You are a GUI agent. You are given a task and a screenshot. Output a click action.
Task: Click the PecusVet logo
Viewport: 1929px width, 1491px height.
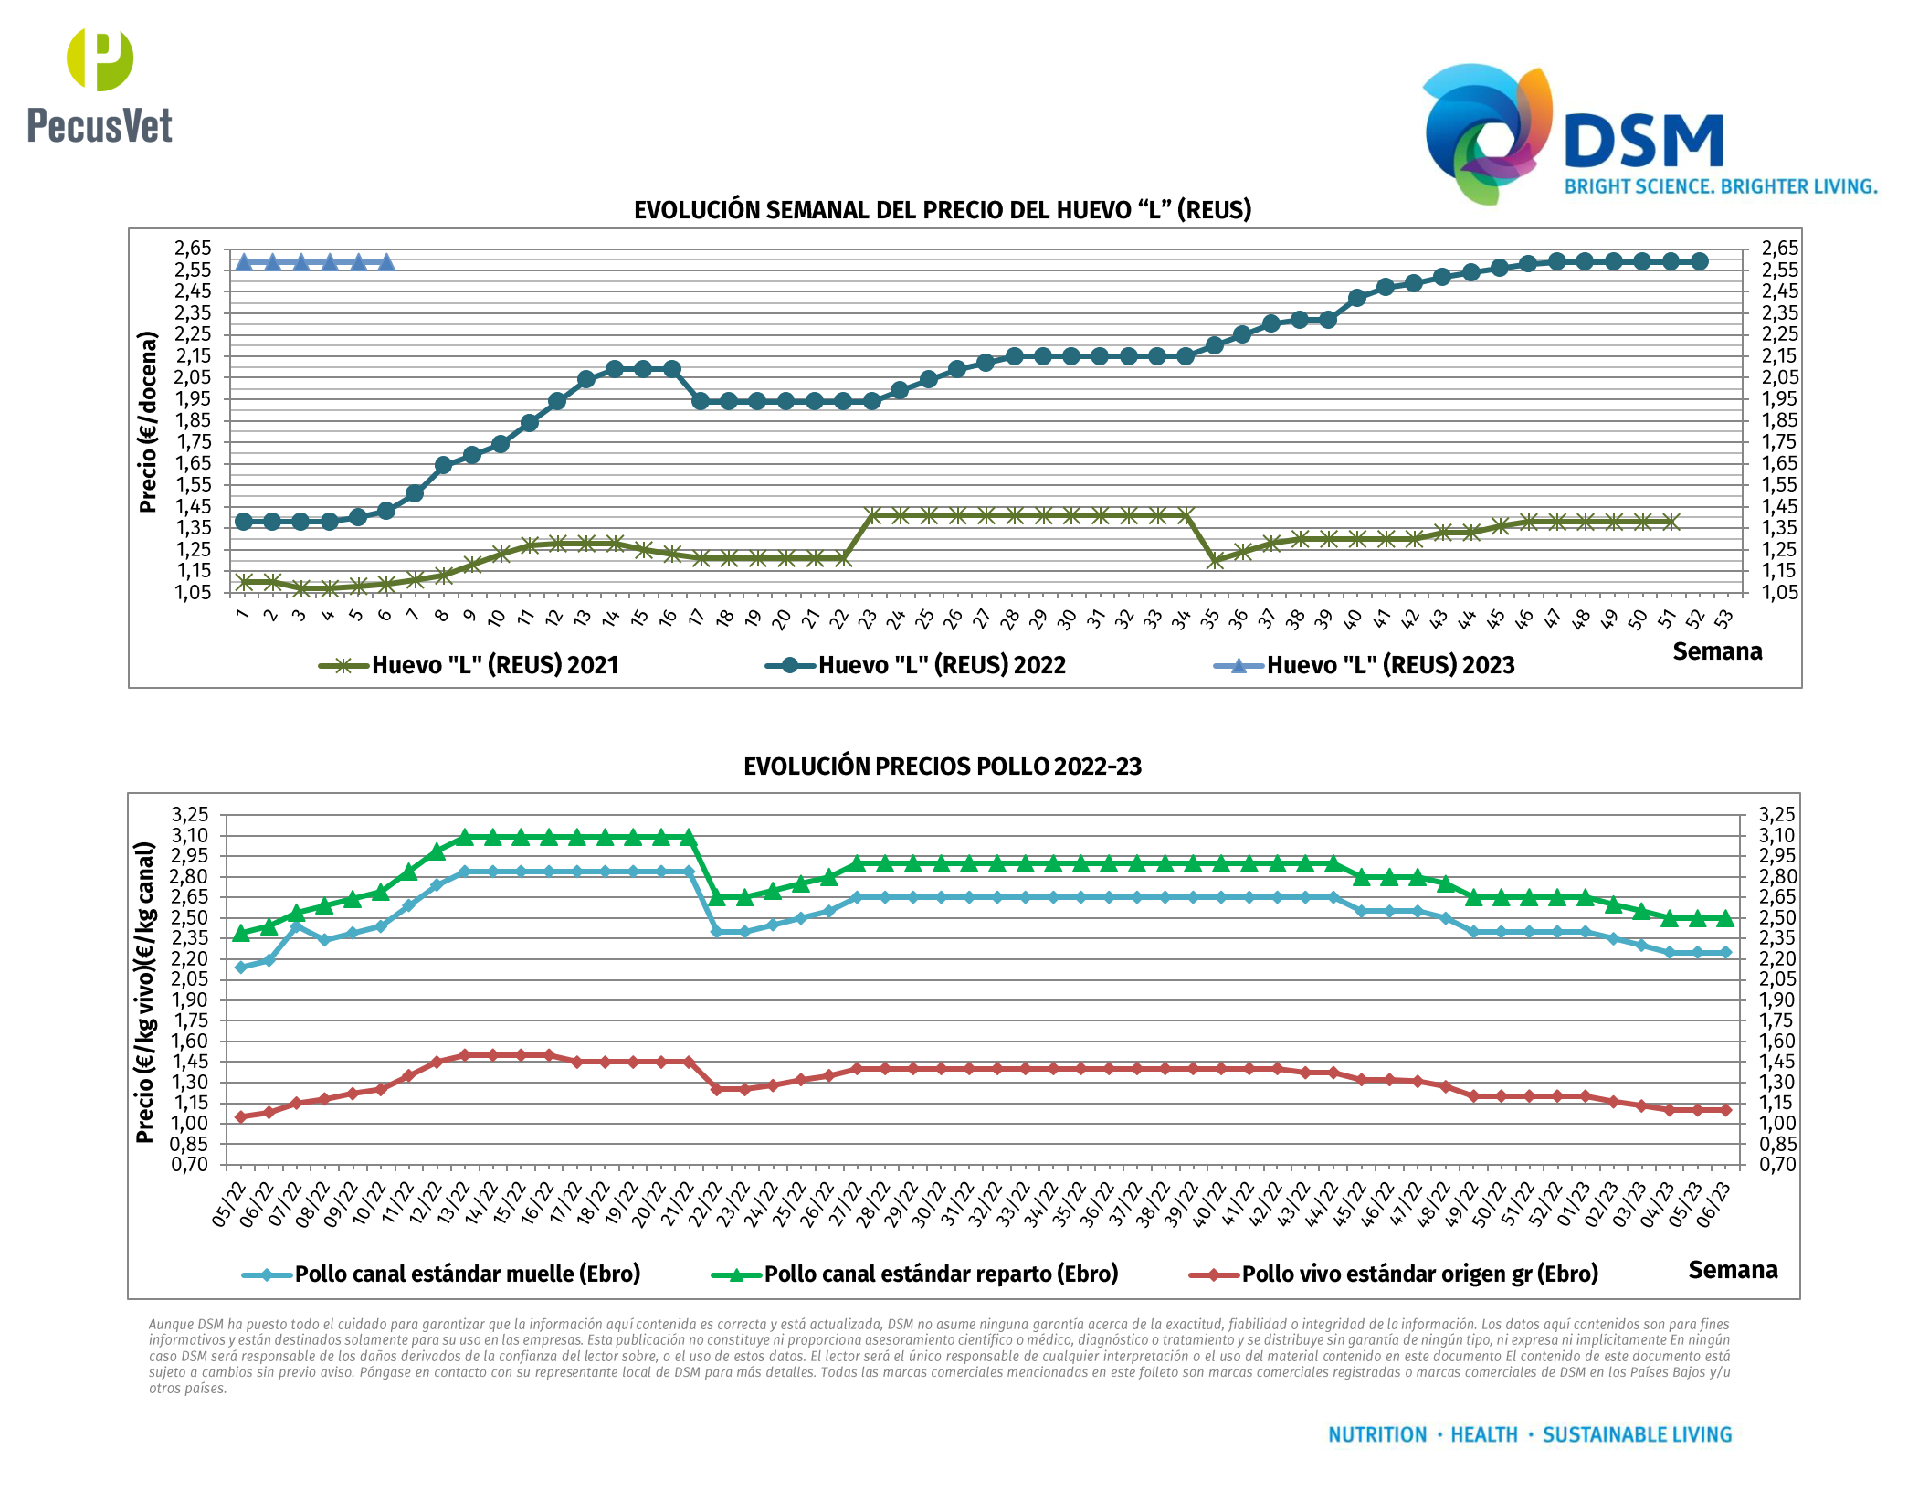coord(100,87)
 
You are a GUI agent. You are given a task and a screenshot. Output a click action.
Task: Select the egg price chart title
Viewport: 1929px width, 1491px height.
coord(942,210)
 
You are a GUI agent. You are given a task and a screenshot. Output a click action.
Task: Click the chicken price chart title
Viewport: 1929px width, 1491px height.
coord(942,766)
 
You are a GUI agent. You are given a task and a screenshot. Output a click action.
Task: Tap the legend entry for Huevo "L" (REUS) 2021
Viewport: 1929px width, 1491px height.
coord(469,665)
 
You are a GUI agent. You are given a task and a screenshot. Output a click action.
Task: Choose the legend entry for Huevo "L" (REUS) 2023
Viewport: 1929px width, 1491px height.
coord(1364,665)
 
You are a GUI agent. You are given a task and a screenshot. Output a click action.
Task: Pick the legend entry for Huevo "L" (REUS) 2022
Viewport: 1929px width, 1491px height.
coord(915,665)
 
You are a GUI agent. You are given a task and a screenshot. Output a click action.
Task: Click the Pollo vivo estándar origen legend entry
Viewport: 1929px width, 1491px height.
coord(1394,1274)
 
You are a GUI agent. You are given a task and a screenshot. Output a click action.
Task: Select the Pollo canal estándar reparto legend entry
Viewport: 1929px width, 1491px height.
coord(915,1274)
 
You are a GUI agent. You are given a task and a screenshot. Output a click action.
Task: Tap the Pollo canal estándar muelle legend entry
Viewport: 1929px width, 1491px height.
coord(441,1274)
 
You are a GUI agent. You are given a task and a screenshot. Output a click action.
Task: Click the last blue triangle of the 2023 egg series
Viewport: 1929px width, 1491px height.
coord(386,262)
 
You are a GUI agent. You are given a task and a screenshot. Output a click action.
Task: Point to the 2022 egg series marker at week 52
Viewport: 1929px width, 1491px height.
coord(1699,261)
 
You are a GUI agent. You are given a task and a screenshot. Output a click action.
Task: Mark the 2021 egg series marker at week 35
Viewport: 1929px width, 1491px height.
coord(1214,560)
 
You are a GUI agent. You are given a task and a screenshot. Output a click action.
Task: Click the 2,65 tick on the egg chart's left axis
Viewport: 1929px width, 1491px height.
coord(193,248)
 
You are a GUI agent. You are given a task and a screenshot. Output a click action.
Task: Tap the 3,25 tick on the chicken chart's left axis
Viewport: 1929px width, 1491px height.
coord(190,814)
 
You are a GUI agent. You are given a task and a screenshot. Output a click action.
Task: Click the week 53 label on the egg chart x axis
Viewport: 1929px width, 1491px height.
coord(1723,619)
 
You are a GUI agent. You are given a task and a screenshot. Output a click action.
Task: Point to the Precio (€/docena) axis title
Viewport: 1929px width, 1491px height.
coord(148,421)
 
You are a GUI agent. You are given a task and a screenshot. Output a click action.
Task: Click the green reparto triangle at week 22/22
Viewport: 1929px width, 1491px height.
coord(717,897)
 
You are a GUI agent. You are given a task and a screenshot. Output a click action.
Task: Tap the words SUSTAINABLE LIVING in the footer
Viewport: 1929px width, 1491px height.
coord(1637,1434)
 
